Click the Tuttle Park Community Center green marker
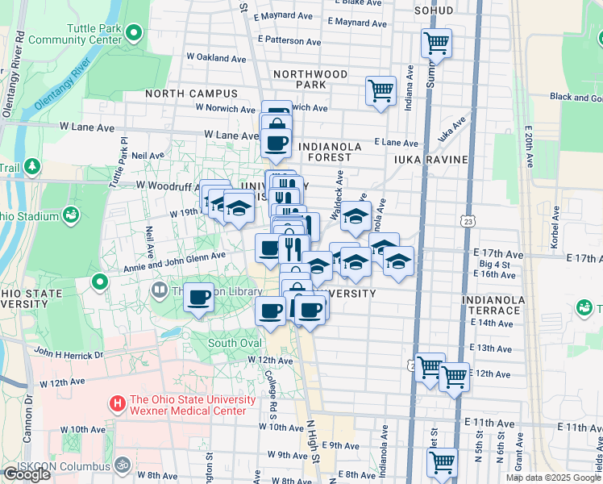(x=135, y=34)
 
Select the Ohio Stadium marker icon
(x=71, y=215)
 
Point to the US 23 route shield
(x=468, y=220)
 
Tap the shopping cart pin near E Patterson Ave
(x=436, y=43)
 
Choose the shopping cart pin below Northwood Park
(x=381, y=90)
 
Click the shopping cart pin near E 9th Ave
(x=442, y=462)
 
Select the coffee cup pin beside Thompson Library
(x=198, y=296)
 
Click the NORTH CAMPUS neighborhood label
(x=192, y=94)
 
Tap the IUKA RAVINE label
(x=431, y=160)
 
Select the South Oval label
(x=235, y=343)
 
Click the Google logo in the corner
(x=27, y=474)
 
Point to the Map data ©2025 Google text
(x=553, y=478)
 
